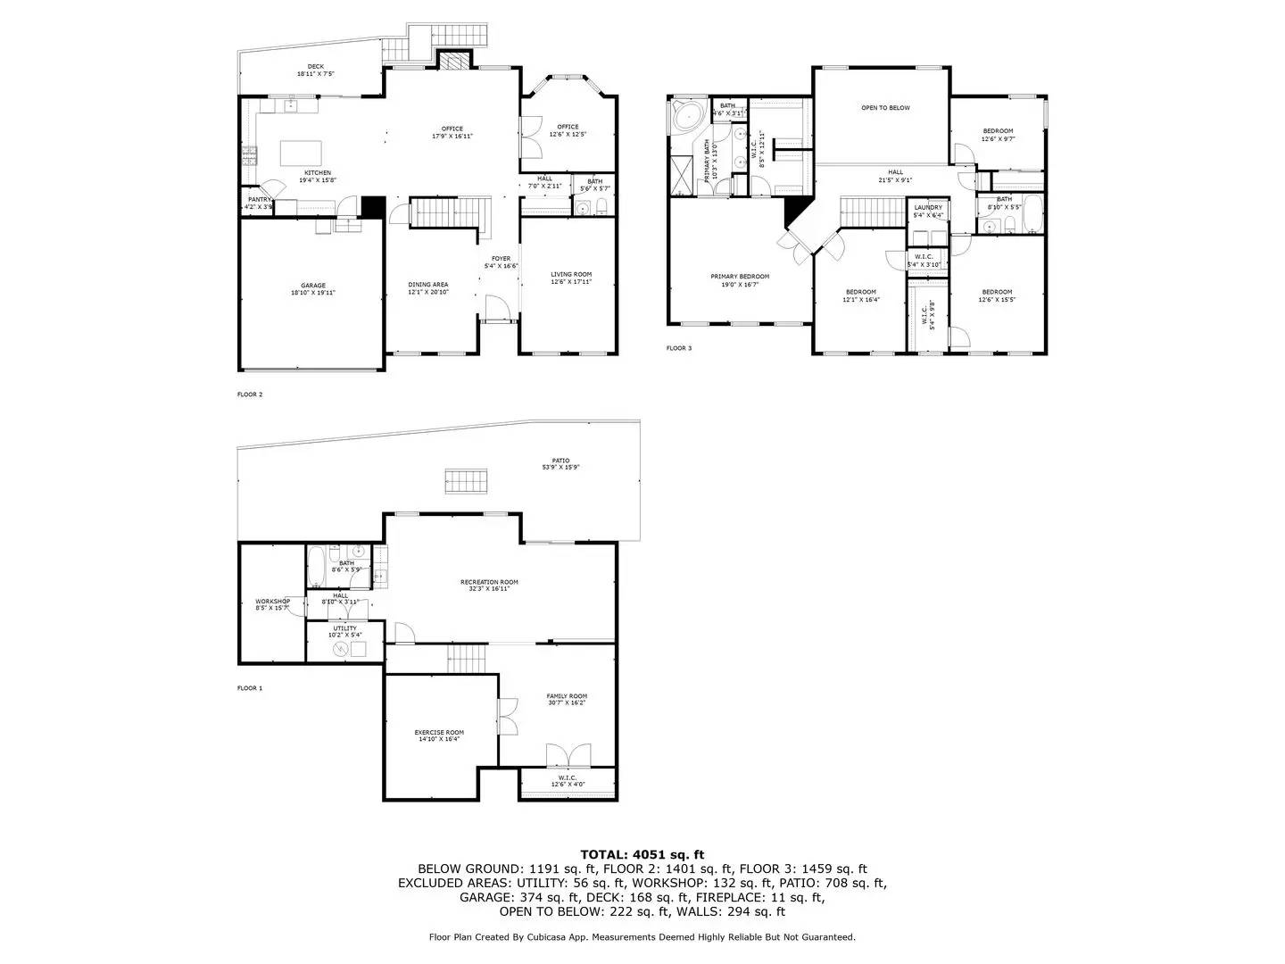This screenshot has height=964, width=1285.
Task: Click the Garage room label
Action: pos(313,286)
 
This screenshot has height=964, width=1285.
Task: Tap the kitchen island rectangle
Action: pos(301,154)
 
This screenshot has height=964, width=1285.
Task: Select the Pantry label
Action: pos(259,199)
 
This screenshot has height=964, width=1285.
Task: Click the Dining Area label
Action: pos(428,284)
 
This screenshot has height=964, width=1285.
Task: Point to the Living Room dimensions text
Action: pos(571,282)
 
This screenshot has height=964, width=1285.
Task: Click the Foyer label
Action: pos(501,259)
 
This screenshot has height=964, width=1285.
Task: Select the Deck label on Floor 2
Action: pos(316,66)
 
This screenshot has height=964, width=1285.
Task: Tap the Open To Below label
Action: pos(885,108)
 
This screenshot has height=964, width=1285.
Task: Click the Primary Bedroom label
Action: pos(740,277)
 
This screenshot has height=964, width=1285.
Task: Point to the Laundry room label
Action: pos(928,208)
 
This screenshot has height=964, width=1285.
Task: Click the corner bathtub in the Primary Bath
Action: pos(688,117)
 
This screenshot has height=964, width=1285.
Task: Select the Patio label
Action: pos(560,461)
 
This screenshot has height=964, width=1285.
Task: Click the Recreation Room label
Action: pos(489,582)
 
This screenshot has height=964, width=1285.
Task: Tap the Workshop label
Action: pos(272,602)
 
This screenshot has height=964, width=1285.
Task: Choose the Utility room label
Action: pos(345,628)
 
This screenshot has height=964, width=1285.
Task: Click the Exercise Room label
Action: pos(438,732)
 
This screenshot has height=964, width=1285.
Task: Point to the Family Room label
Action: pos(567,696)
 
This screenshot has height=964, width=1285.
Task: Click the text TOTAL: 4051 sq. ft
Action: pos(642,854)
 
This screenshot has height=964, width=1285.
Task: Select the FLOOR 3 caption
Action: pos(679,348)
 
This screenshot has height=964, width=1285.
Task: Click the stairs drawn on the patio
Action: pos(466,480)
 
